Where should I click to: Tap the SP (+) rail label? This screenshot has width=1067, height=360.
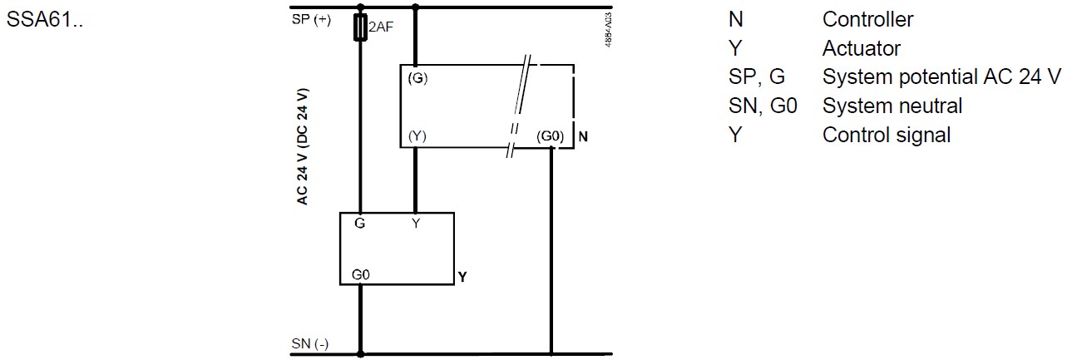pos(311,20)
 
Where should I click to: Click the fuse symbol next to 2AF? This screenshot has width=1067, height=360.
pos(361,27)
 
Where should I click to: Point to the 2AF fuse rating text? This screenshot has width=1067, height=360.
pos(380,27)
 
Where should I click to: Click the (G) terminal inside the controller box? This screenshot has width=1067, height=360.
pos(417,78)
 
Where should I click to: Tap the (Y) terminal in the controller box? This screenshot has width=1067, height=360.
pos(417,136)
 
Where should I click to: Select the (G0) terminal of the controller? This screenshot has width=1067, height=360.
pos(551,136)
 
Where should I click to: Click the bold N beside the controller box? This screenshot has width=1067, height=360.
pos(583,136)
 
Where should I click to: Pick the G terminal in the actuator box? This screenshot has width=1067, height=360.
pos(360,224)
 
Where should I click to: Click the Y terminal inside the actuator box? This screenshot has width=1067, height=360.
pos(416,224)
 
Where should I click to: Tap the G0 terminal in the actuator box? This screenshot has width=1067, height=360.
pos(360,274)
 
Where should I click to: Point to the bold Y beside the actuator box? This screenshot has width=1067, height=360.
pos(462,277)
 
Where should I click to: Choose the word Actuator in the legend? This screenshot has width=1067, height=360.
pos(861,48)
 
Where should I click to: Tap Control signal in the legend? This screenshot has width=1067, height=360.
pos(886,135)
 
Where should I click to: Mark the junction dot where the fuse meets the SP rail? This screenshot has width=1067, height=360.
pos(361,7)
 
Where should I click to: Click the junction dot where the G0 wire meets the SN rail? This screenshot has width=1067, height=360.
pos(361,353)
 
